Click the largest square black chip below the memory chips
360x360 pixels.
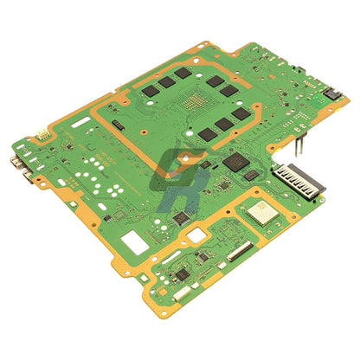click(x=235, y=162)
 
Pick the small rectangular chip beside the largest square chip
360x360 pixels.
click(x=251, y=175)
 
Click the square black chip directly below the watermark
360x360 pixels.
click(x=182, y=218)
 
